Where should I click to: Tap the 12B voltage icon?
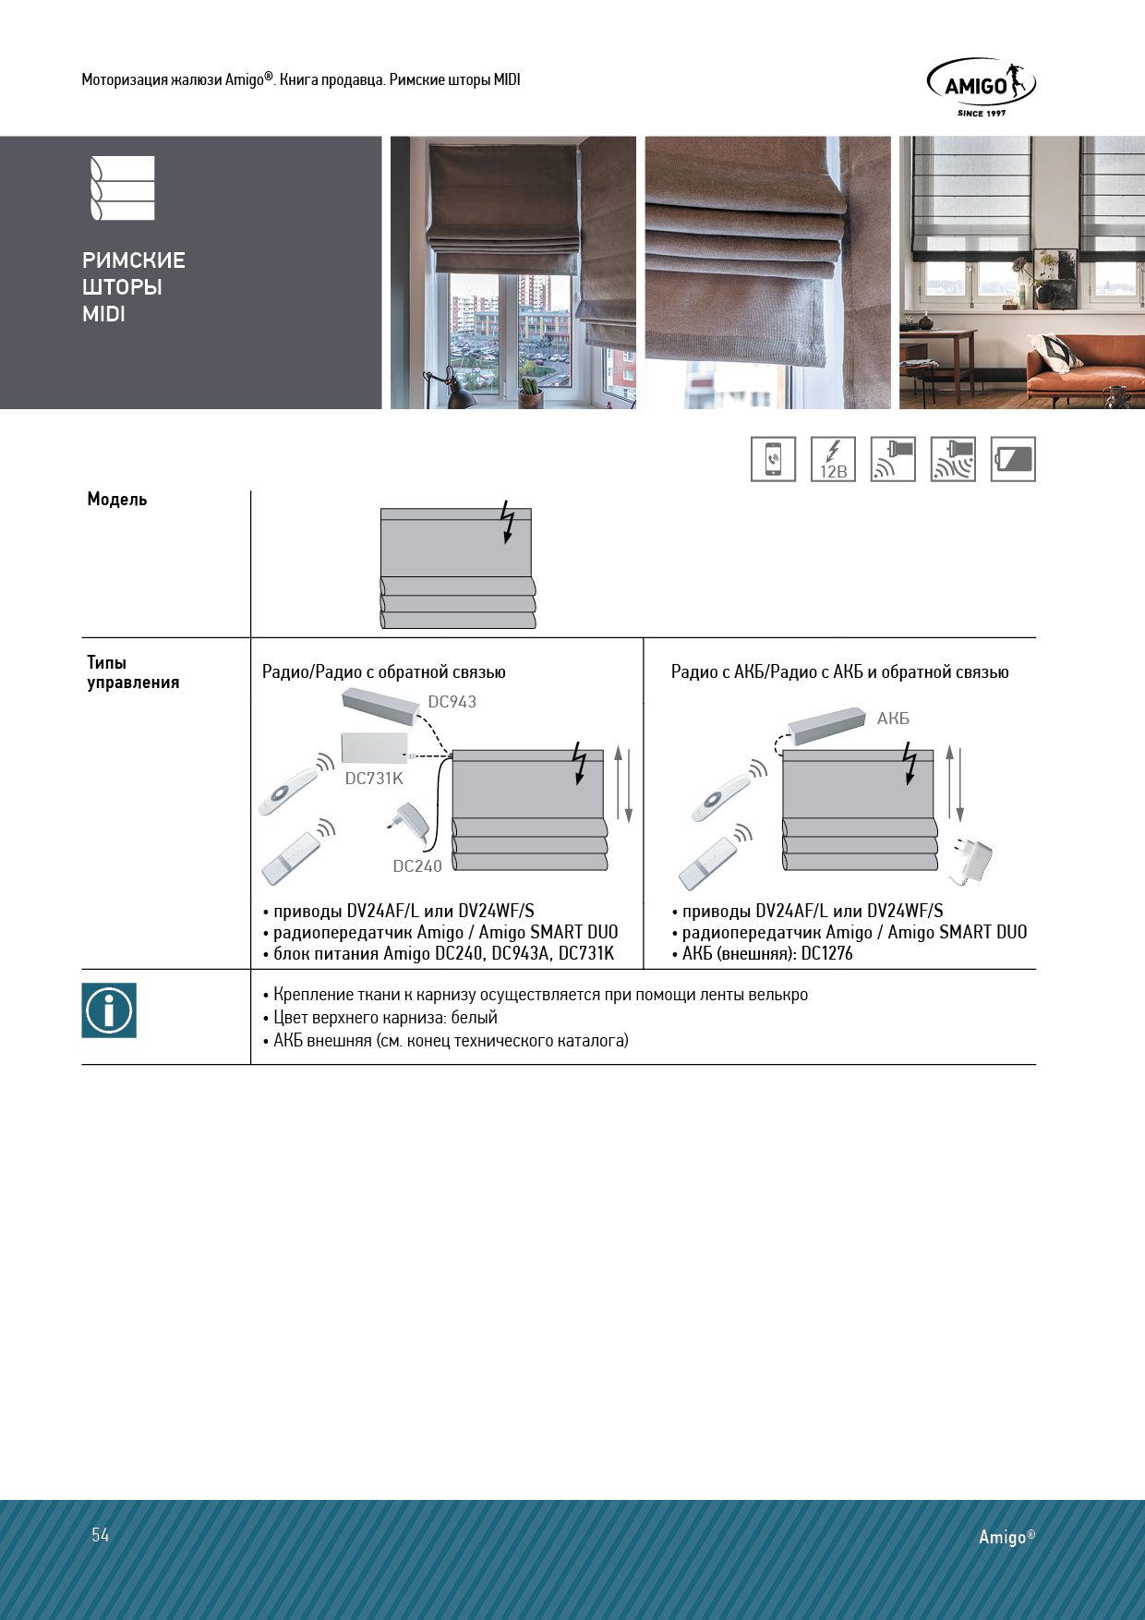tap(833, 459)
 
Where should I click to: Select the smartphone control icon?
tap(773, 459)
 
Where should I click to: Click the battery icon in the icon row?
tap(1013, 459)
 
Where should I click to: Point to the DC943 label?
tap(452, 702)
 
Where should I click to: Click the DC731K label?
tap(374, 779)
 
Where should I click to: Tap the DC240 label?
tap(417, 866)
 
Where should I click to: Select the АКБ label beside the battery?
tap(893, 719)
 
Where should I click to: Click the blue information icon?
tap(109, 1010)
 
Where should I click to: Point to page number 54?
tap(101, 1535)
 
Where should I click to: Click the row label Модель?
tap(117, 500)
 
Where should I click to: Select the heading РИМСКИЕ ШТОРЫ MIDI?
tap(134, 287)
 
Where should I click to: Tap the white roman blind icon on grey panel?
tap(122, 188)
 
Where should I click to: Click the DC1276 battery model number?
tap(826, 954)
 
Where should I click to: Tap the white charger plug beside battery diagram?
tap(973, 862)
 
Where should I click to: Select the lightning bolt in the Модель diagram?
tap(507, 522)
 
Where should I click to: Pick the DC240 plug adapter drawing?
tap(407, 821)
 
